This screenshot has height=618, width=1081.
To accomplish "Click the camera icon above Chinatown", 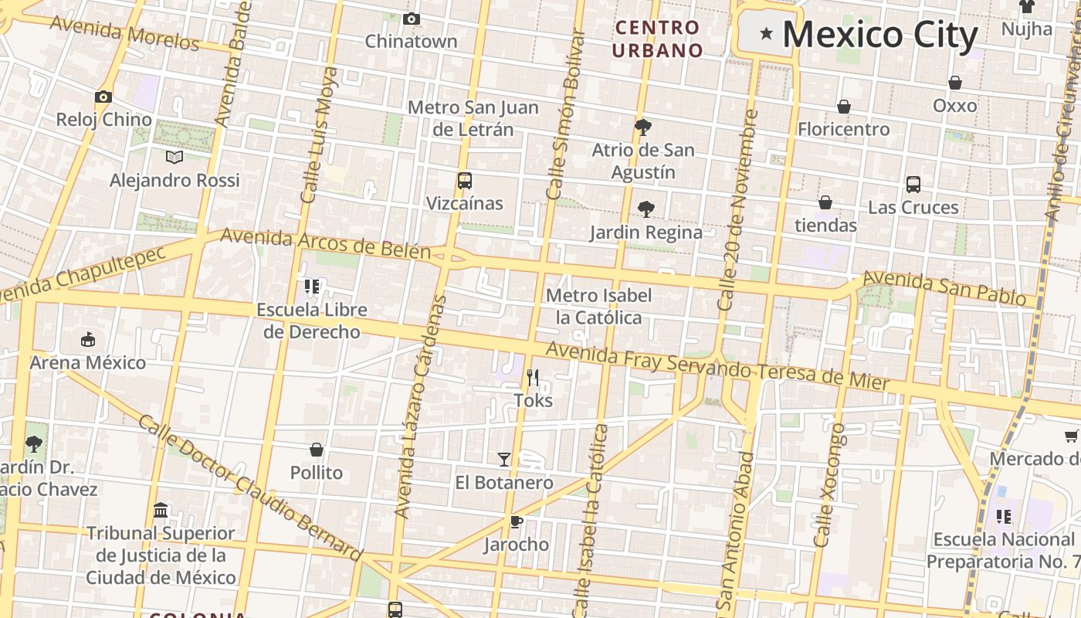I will click(x=412, y=19).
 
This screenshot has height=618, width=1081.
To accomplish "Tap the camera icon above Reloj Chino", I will click(x=103, y=97).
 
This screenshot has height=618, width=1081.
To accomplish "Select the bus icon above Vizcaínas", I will click(x=464, y=181).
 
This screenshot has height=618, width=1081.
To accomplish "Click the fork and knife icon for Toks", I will click(x=533, y=378).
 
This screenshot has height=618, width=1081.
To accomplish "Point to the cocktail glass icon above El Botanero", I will click(x=503, y=460).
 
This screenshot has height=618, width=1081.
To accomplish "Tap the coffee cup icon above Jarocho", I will click(x=516, y=521).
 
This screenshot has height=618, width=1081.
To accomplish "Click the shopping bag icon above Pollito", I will click(x=317, y=449).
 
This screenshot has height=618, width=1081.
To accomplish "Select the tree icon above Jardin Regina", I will click(x=646, y=209).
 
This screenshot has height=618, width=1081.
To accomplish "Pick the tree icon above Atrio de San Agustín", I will click(x=642, y=127).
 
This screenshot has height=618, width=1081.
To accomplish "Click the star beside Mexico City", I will click(x=766, y=33).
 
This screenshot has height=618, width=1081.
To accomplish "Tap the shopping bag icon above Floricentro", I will click(x=844, y=106).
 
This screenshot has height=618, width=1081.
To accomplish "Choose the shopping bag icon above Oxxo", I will click(x=955, y=82).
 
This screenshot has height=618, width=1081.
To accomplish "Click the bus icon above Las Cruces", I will click(x=913, y=184).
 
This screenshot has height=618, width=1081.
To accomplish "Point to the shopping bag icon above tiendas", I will click(x=825, y=202).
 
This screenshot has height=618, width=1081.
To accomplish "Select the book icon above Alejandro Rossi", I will click(x=175, y=157).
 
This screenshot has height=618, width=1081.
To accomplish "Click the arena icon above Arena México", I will click(x=88, y=339).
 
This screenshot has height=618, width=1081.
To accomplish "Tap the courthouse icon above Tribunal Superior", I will click(x=161, y=510).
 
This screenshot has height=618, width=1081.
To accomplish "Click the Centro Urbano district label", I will click(x=659, y=39).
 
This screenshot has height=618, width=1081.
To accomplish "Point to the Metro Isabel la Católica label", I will click(x=598, y=306).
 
